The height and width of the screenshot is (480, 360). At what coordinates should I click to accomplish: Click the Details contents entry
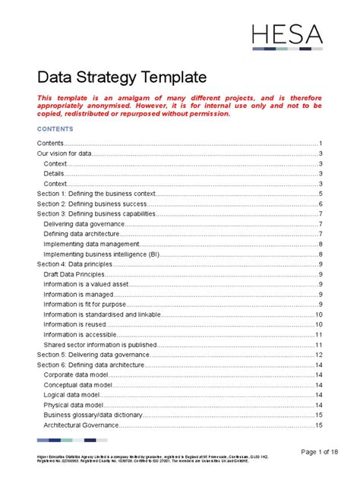point(54,174)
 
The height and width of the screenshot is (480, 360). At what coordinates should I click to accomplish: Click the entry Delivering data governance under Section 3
point(84,224)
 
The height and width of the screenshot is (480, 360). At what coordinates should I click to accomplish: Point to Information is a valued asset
point(86,284)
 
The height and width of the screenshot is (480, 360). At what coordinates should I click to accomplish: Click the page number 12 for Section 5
point(320,355)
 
